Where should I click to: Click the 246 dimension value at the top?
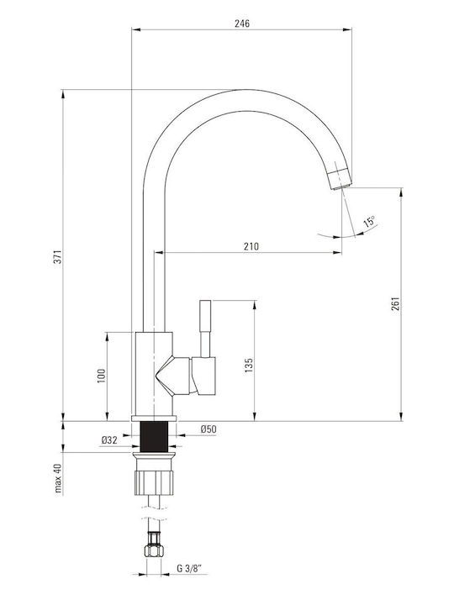coord(242,24)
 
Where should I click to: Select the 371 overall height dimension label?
coord(57,256)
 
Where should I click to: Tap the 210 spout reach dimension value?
coord(251,246)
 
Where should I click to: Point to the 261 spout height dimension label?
coord(396,304)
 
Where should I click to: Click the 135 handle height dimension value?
coord(249,366)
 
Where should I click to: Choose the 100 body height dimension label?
coord(101,376)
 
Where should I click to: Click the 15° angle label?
coord(369,222)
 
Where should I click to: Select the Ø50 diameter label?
coord(209,429)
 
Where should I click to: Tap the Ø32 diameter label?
coord(109,439)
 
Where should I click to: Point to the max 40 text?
coord(58,478)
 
